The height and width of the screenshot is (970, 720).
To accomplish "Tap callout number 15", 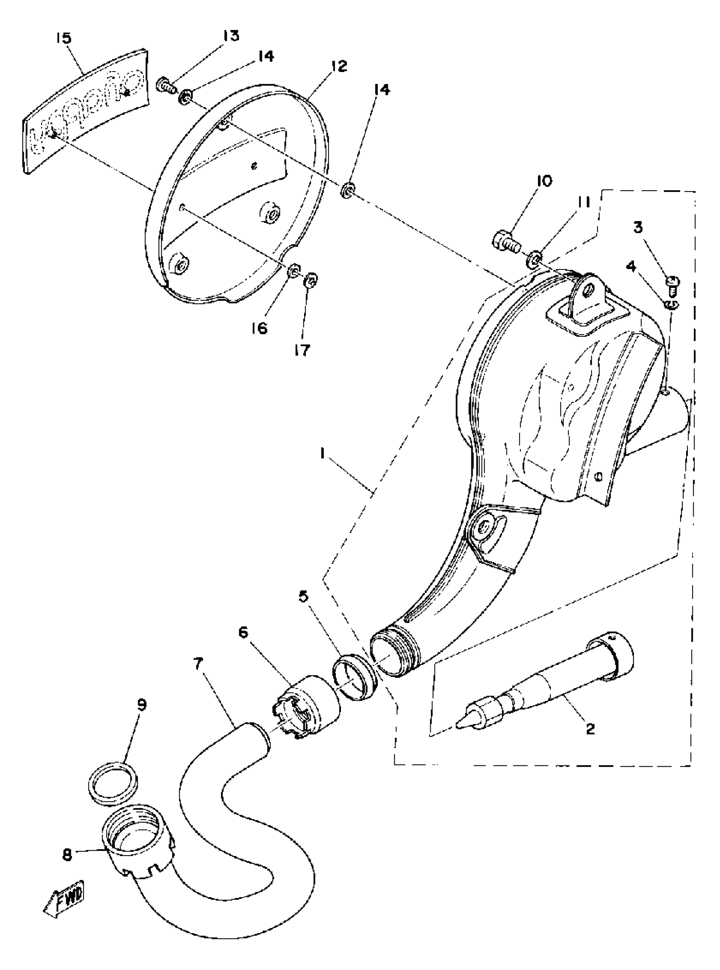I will coord(64,39).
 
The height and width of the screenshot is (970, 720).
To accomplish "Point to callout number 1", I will coord(323,454).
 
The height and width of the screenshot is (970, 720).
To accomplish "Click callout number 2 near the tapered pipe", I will coord(590,729).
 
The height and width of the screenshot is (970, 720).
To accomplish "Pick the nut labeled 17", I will coord(312,280).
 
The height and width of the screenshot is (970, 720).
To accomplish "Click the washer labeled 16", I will coord(294,272).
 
